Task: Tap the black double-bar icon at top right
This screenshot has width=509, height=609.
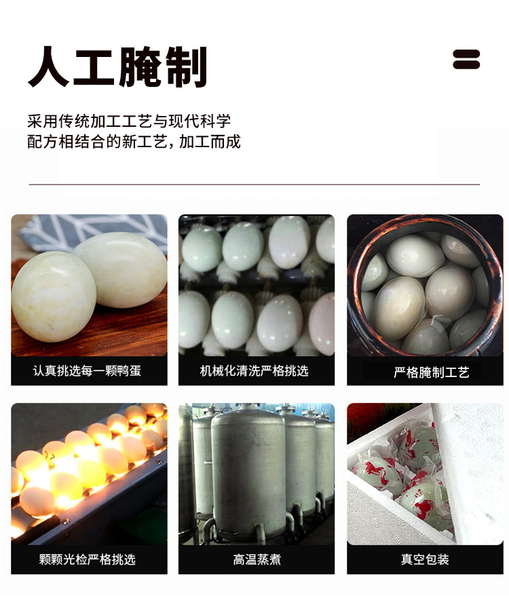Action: tap(466, 59)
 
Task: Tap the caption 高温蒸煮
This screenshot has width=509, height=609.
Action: tap(257, 559)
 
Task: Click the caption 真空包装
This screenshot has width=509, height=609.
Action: tap(425, 559)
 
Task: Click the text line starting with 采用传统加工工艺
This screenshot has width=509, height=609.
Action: tap(129, 121)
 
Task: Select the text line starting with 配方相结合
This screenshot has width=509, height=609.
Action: tap(134, 142)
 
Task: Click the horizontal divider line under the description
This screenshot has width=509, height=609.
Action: tap(254, 184)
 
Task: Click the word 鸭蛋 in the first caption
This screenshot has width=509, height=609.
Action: tap(128, 371)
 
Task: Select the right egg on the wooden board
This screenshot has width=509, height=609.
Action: tap(122, 268)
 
